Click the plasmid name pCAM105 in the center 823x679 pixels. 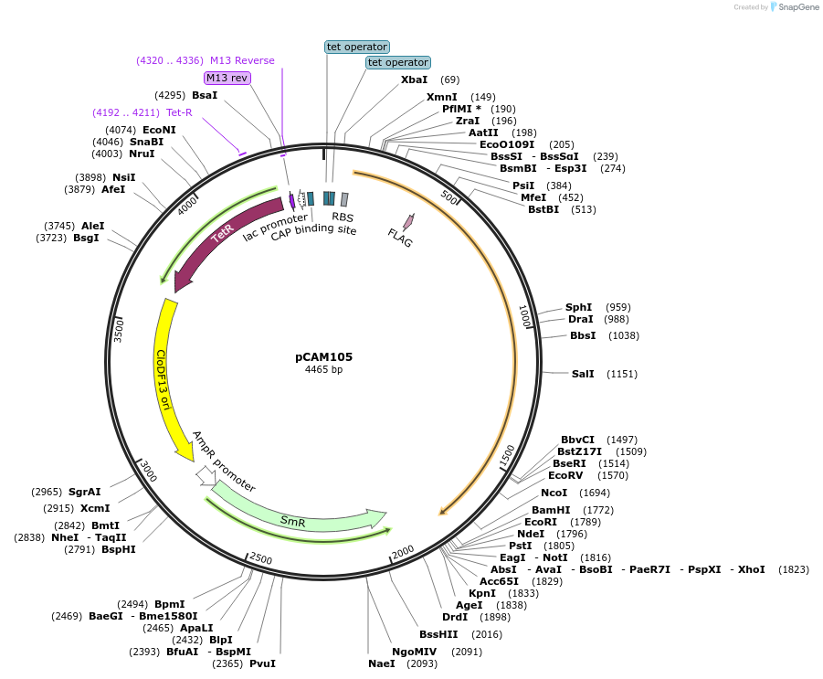(x=323, y=357)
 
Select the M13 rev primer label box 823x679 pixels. (x=227, y=78)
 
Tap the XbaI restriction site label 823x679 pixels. (x=414, y=80)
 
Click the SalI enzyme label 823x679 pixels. (x=583, y=374)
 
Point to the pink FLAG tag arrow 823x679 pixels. (x=407, y=222)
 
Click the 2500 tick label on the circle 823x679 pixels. (x=260, y=559)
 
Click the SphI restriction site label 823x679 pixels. (x=578, y=307)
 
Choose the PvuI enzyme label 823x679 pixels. (x=262, y=663)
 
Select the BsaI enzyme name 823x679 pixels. (x=205, y=95)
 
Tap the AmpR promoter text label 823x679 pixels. (x=224, y=462)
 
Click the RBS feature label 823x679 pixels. (x=343, y=217)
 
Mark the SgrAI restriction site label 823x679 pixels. (x=84, y=492)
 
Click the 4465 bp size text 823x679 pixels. (x=323, y=370)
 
